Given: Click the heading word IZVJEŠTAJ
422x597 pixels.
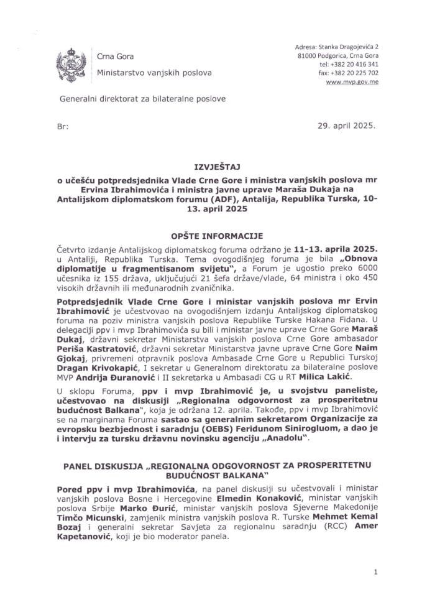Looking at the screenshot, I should tap(211, 167).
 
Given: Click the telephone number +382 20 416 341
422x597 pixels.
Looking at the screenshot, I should tap(355, 64).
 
